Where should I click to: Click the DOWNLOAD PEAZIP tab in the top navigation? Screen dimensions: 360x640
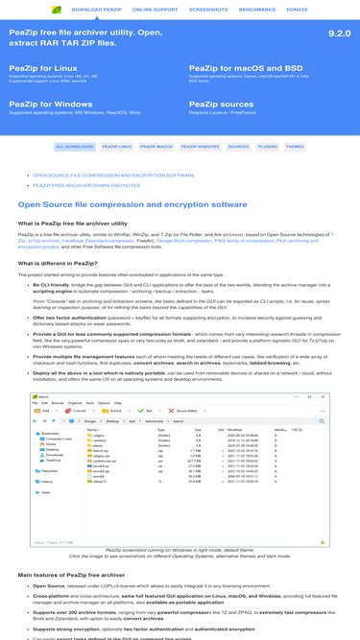tap(95, 9)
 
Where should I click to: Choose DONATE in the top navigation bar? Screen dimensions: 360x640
tap(298, 9)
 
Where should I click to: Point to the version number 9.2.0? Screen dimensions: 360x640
tap(340, 33)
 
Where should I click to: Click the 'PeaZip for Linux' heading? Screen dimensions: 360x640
tap(43, 68)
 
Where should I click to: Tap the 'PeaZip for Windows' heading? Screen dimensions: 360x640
tap(50, 103)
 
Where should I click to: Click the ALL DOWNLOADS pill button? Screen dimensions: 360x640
tap(74, 147)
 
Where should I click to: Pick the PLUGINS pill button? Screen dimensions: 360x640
tap(268, 147)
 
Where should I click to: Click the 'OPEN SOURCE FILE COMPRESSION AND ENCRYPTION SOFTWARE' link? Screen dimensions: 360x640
tap(113, 176)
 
